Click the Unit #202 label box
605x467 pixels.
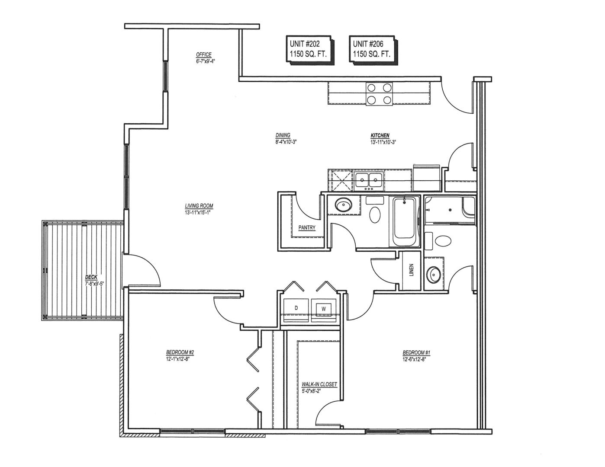pyautogui.click(x=310, y=50)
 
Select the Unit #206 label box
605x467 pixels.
pyautogui.click(x=373, y=50)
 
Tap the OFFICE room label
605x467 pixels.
pyautogui.click(x=204, y=54)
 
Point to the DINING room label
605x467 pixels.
pyautogui.click(x=283, y=135)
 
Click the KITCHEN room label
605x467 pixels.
pyautogui.click(x=380, y=135)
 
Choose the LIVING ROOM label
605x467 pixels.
pyautogui.click(x=199, y=206)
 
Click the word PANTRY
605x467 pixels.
pyautogui.click(x=307, y=227)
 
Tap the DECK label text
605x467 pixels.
pyautogui.click(x=91, y=277)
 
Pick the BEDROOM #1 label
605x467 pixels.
pyautogui.click(x=416, y=353)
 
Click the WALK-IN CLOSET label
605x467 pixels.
pyautogui.click(x=319, y=384)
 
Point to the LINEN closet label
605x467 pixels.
pyautogui.click(x=412, y=269)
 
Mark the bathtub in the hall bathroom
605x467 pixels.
pyautogui.click(x=404, y=222)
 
